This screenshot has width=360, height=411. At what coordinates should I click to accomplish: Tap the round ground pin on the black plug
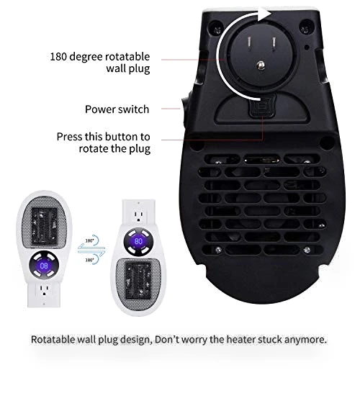point(261,65)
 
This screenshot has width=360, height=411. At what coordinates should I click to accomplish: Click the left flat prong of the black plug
point(249,42)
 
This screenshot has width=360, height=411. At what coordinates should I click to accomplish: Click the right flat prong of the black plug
point(274,43)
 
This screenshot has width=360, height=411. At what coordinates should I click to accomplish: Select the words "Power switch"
point(117,109)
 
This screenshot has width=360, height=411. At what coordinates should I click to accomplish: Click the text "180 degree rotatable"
point(100,56)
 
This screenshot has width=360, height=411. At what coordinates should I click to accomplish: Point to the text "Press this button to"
point(103,137)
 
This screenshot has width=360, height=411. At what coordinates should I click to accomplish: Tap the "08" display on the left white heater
point(44,266)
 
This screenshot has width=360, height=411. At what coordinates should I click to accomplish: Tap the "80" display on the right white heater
point(138,241)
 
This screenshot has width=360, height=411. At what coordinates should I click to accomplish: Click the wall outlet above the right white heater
point(139,213)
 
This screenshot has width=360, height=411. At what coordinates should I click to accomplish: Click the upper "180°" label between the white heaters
point(89,240)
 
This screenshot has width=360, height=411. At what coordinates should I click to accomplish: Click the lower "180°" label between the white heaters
point(89,260)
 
